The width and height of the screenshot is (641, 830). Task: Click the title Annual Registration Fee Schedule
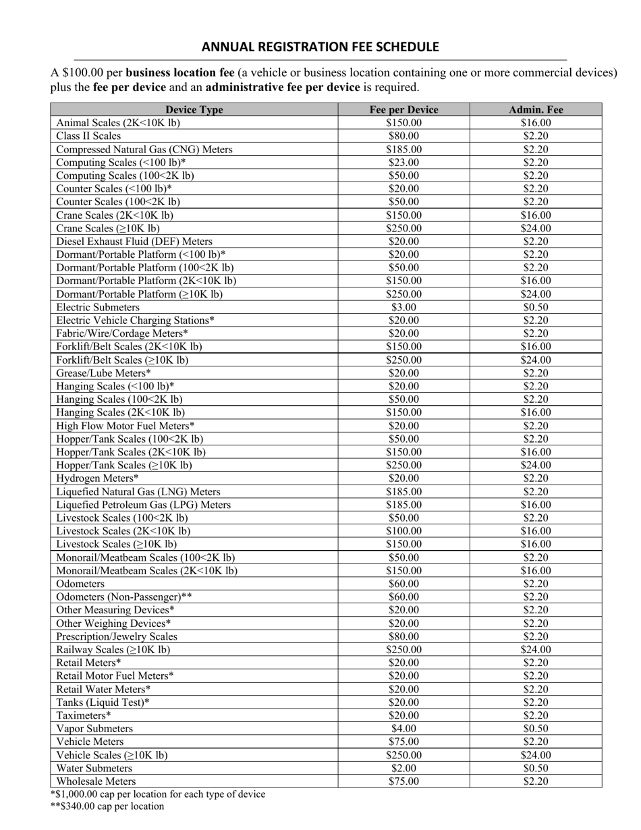[x=320, y=47]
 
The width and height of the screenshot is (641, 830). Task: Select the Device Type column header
[x=194, y=110]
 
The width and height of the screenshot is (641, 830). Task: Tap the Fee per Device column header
[x=403, y=110]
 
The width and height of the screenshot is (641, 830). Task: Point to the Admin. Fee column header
[x=536, y=110]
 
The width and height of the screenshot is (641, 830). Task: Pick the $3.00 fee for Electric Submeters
[x=403, y=307]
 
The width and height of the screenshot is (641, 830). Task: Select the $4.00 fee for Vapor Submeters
[x=403, y=729]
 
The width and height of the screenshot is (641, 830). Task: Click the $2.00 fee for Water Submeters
[x=403, y=768]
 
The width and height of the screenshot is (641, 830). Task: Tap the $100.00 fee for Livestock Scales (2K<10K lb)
[x=403, y=531]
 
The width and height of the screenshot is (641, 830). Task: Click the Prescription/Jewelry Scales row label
[x=117, y=636]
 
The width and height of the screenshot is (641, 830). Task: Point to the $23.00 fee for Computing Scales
[x=403, y=163]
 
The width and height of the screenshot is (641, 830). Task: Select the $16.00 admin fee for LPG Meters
[x=536, y=505]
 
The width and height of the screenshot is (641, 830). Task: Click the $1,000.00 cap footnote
[x=158, y=794]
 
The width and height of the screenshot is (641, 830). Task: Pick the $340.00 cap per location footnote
[x=107, y=806]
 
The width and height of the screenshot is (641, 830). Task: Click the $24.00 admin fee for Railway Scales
[x=536, y=650]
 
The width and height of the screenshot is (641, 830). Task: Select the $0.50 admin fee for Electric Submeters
[x=536, y=307]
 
